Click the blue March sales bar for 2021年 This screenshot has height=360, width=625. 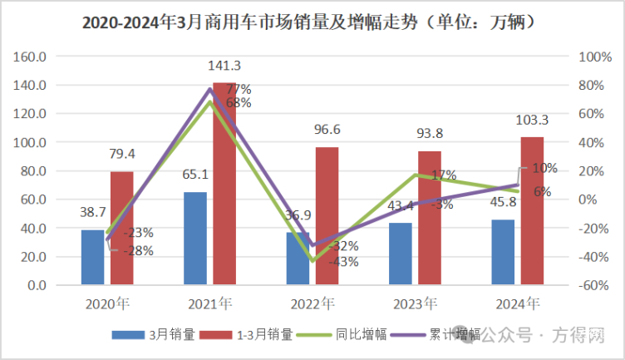[195, 239]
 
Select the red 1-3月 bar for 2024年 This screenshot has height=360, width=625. [532, 210]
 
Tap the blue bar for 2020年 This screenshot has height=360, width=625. [92, 257]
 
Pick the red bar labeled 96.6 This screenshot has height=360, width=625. [327, 216]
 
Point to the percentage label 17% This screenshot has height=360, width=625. [444, 175]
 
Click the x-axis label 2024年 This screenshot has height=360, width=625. [520, 302]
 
